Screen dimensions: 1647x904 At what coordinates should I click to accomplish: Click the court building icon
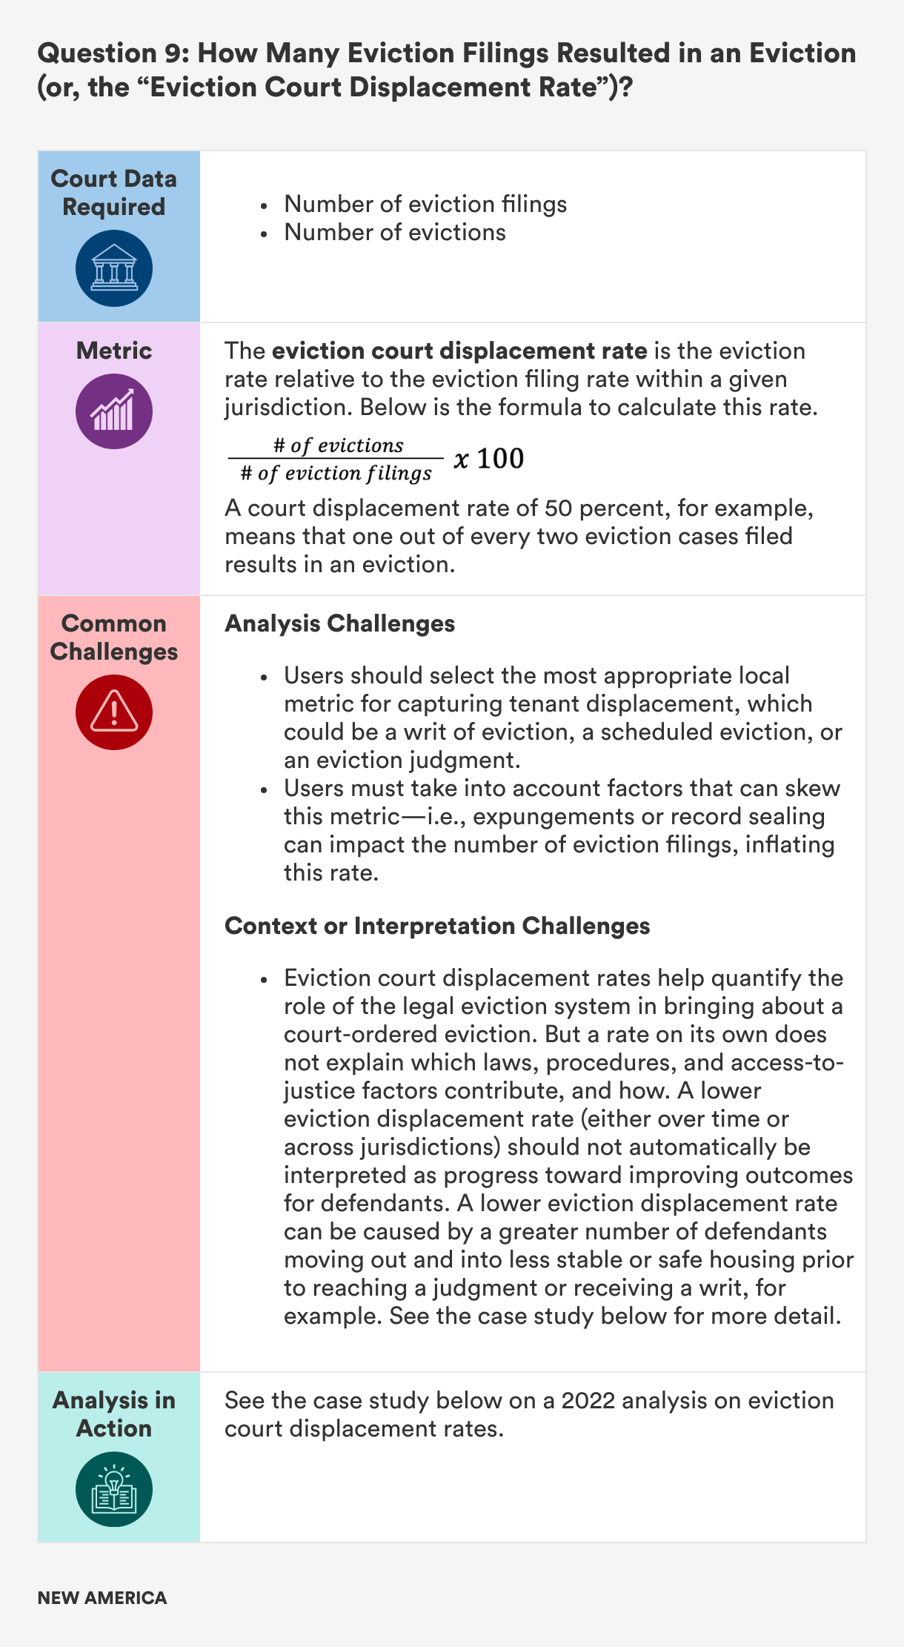click(114, 268)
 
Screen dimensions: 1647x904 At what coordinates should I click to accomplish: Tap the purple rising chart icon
click(114, 411)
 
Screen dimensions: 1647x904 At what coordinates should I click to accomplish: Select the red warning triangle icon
click(114, 712)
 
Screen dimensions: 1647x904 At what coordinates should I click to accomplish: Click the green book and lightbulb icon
click(114, 1488)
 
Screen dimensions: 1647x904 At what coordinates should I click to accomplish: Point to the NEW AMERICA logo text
click(102, 1597)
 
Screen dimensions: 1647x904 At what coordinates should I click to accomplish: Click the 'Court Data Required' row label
click(114, 193)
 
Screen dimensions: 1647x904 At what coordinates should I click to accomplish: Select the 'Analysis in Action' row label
click(114, 1414)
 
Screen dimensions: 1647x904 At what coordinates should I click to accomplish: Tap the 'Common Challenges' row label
click(114, 637)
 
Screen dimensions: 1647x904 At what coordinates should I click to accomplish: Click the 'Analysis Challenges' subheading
click(339, 623)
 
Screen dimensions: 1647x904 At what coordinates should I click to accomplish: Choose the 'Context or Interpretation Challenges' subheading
click(437, 926)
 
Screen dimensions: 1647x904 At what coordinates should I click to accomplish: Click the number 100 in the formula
click(500, 459)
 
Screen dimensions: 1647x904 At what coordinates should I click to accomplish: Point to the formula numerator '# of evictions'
click(338, 445)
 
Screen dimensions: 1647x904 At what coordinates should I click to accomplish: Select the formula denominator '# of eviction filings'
click(336, 473)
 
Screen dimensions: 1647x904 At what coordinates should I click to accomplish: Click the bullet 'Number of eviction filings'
click(425, 204)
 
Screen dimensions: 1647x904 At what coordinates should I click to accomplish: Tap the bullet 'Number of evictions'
click(395, 232)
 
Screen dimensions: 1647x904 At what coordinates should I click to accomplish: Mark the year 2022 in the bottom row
click(588, 1400)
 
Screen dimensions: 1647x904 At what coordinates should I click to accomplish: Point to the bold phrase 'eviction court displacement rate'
click(459, 351)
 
